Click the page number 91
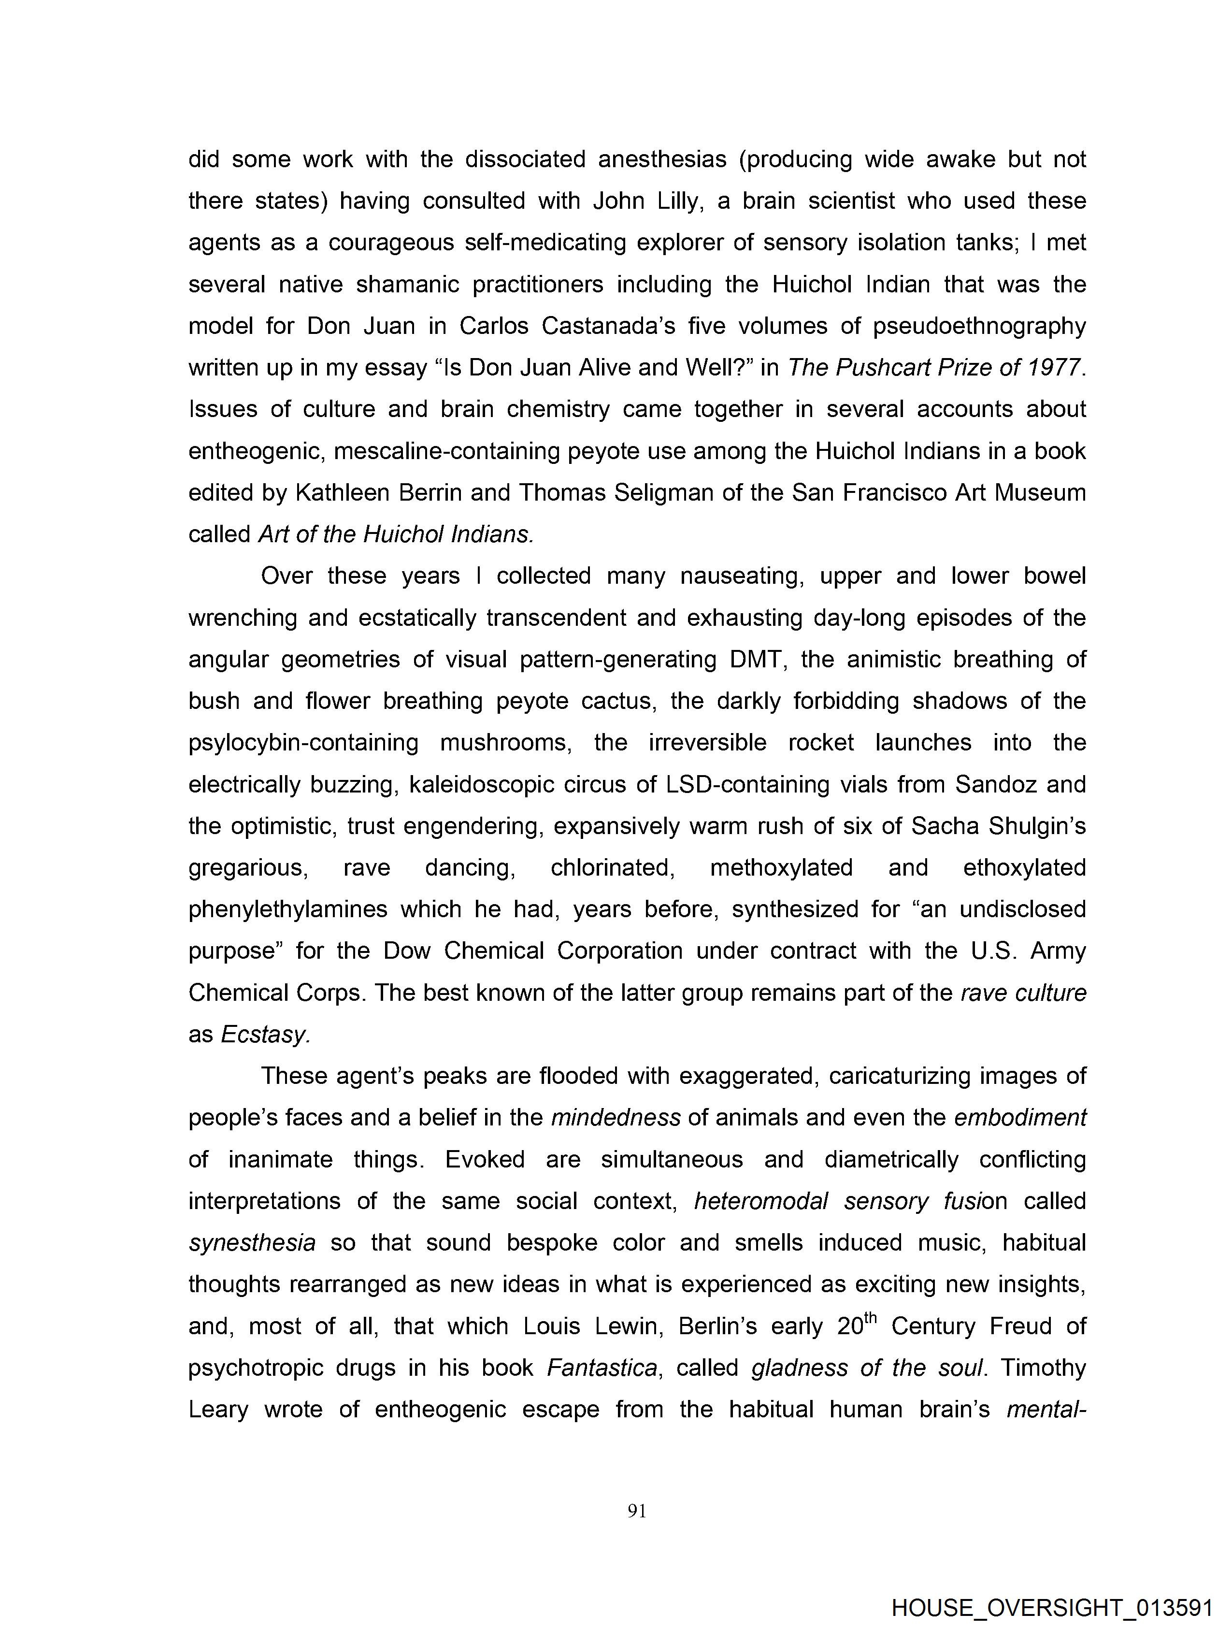click(x=637, y=1511)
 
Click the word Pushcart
click(x=893, y=367)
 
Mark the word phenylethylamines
click(x=288, y=909)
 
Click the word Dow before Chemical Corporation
click(x=406, y=951)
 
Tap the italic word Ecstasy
click(x=265, y=1035)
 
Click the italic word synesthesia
click(x=252, y=1243)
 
